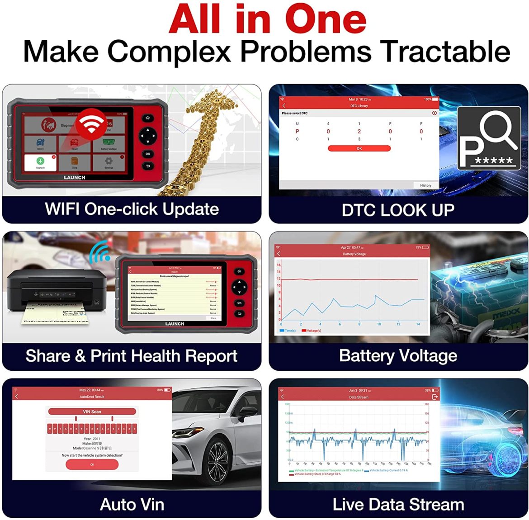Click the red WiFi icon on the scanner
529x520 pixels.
coord(91,123)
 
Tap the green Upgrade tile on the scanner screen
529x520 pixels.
coord(40,162)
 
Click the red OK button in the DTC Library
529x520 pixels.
coord(359,148)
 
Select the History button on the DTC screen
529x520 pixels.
coord(425,185)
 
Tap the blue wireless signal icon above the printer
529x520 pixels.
coord(99,252)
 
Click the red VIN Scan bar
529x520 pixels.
coord(92,411)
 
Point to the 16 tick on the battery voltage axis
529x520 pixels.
coord(279,265)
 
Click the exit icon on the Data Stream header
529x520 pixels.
coord(435,397)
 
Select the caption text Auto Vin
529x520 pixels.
coord(132,505)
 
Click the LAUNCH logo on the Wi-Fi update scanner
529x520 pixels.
coord(75,178)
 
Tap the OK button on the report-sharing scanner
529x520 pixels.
coord(239,303)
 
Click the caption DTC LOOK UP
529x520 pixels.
coord(398,210)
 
